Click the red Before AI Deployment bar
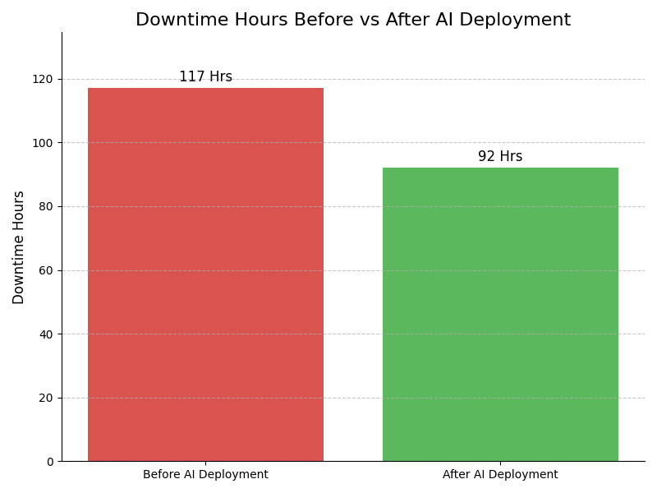click(x=205, y=274)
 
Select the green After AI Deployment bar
click(x=500, y=314)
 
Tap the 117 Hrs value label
click(x=205, y=77)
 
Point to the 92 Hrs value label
click(x=500, y=157)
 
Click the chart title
click(x=353, y=21)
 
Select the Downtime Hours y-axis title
click(x=19, y=247)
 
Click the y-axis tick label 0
click(x=49, y=462)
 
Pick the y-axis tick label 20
click(x=46, y=398)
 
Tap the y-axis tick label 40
click(x=46, y=334)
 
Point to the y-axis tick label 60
click(x=46, y=270)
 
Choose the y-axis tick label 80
click(x=46, y=206)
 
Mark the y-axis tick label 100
click(x=43, y=143)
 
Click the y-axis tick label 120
click(x=43, y=79)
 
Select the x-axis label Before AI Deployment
click(x=205, y=475)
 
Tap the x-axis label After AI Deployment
click(x=500, y=475)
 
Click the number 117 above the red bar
click(x=192, y=77)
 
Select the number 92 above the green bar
click(x=487, y=157)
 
